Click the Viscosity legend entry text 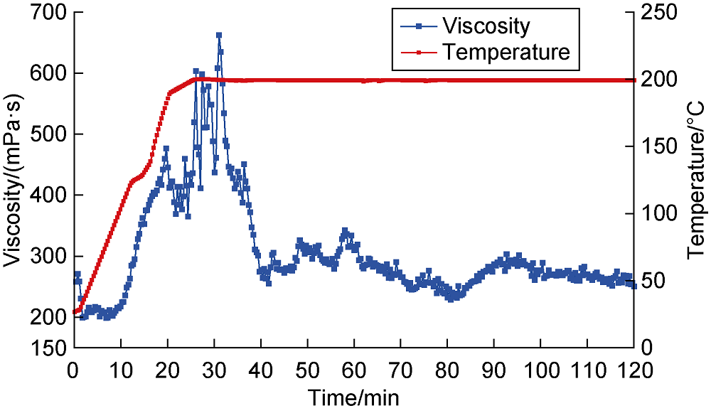(486, 26)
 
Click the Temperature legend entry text (506, 52)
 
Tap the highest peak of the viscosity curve (219, 35)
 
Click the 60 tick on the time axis (353, 370)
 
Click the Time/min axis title (353, 396)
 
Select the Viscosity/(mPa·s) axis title (13, 181)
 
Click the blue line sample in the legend (418, 26)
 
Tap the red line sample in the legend (418, 52)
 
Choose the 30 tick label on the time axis (213, 370)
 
